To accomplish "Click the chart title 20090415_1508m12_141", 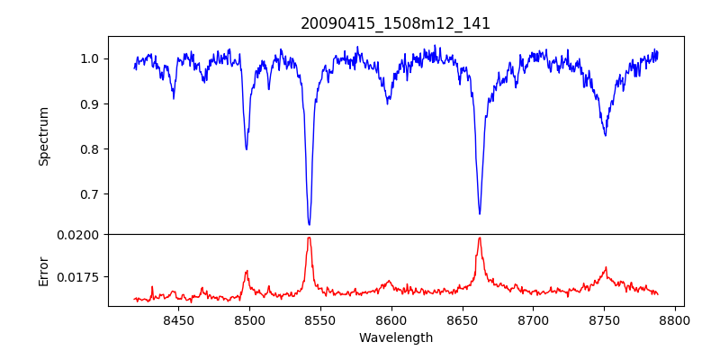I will point(395,23).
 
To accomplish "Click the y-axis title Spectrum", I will point(43,135).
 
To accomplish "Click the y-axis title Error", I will point(43,271).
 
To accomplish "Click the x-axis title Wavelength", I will point(395,338).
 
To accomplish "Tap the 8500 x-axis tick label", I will point(249,319).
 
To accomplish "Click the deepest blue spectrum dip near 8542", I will point(309,224).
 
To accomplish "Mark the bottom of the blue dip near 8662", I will point(480,213).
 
